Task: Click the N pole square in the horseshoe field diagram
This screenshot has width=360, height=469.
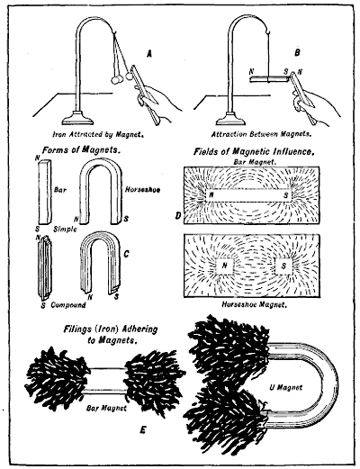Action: [220, 266]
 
